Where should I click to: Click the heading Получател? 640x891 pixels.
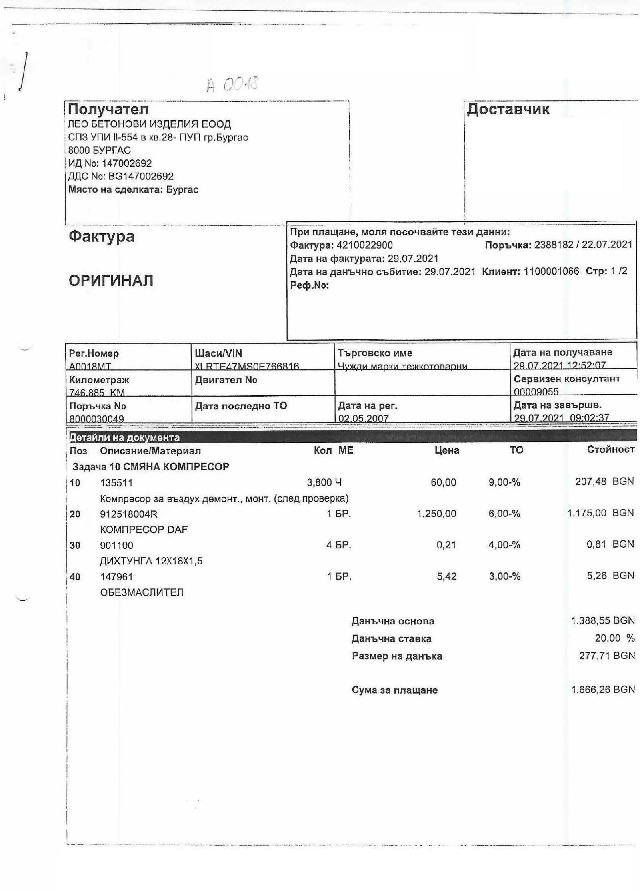(x=108, y=109)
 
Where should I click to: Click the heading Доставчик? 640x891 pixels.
(x=508, y=109)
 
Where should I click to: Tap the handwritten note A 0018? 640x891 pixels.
(x=232, y=84)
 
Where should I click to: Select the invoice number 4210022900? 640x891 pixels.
(x=364, y=245)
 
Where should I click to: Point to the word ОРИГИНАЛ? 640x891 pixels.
(x=111, y=281)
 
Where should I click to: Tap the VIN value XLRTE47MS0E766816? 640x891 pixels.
(x=247, y=366)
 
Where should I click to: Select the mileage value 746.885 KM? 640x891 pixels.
(x=97, y=392)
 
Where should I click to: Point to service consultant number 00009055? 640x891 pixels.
(x=536, y=391)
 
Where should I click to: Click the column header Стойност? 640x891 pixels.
(x=610, y=450)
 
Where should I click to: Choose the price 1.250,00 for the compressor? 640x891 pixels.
(x=436, y=514)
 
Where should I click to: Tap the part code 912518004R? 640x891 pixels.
(x=129, y=514)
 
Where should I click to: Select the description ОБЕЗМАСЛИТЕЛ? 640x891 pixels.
(x=142, y=592)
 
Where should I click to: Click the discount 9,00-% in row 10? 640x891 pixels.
(x=504, y=482)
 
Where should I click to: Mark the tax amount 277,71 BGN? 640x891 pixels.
(x=606, y=656)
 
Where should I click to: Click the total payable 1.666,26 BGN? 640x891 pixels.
(x=603, y=690)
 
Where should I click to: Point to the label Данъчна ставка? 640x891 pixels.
(x=391, y=639)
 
